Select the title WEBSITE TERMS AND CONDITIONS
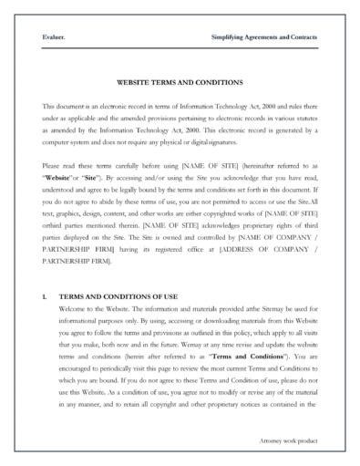point(180,81)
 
